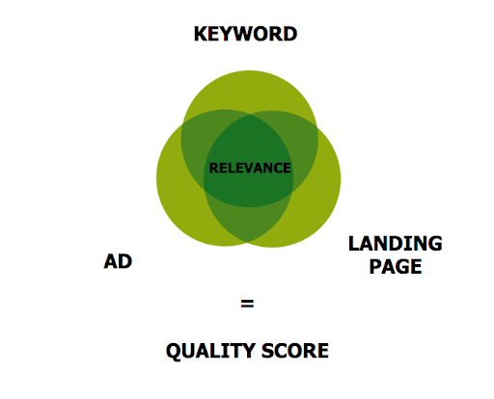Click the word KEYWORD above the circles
[x=245, y=34]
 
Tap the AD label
[x=118, y=261]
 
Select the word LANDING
[x=396, y=244]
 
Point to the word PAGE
[x=396, y=267]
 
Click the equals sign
[x=247, y=304]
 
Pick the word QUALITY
[x=211, y=351]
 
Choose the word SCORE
[x=295, y=351]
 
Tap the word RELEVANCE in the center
[x=250, y=169]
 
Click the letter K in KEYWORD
[x=200, y=34]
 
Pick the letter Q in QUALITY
[x=174, y=351]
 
